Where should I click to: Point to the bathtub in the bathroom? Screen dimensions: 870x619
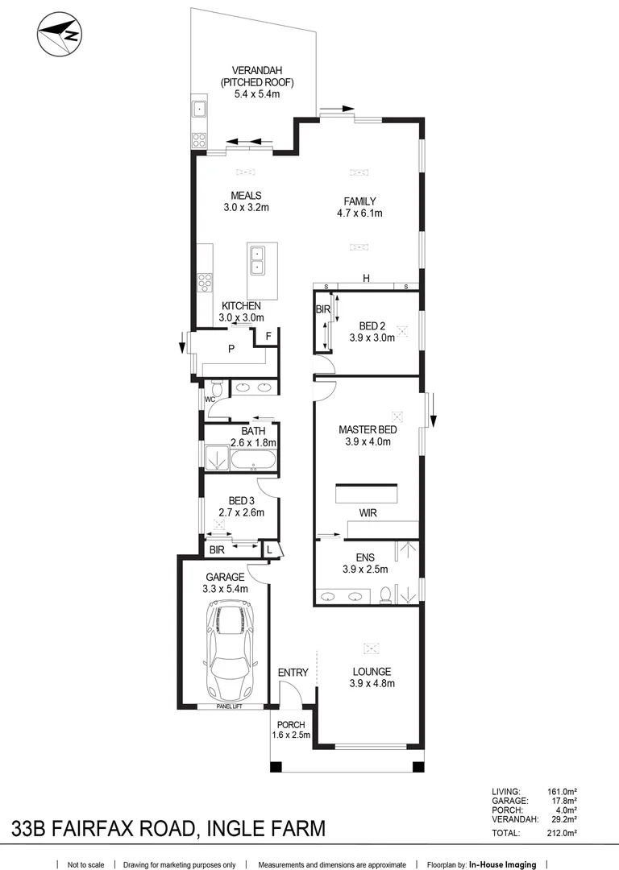point(253,461)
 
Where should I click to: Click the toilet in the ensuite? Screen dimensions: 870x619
point(386,594)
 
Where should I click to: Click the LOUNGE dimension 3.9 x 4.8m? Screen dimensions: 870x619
point(371,684)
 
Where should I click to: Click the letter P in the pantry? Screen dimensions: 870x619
point(231,349)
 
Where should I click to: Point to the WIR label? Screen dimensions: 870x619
point(368,512)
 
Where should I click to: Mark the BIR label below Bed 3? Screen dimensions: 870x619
point(216,550)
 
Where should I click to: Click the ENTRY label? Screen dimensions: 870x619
point(292,673)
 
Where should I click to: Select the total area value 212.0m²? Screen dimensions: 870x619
point(562,833)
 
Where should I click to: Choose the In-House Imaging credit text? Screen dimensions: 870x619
point(502,864)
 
